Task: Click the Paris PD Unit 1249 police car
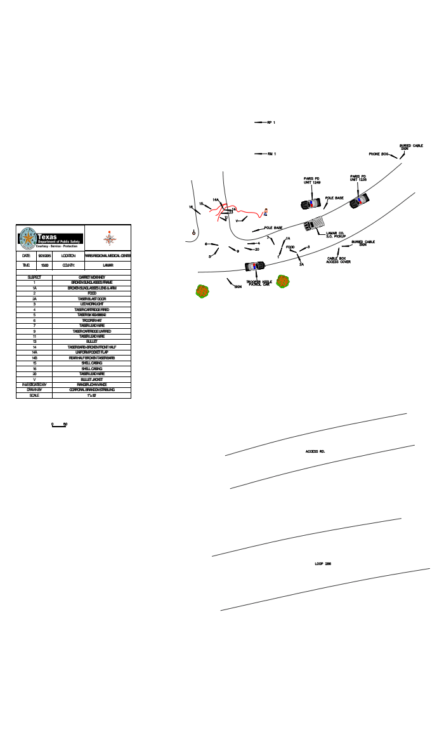[310, 204]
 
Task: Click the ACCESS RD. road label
[315, 451]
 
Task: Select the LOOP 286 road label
[323, 564]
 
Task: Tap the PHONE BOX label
[379, 154]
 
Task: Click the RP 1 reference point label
[271, 123]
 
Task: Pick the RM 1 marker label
[271, 154]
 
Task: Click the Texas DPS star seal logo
[28, 238]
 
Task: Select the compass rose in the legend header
[110, 238]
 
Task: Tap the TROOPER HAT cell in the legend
[91, 320]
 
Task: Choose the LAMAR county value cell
[107, 265]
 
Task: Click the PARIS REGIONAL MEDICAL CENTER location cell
[107, 255]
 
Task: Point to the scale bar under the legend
[59, 426]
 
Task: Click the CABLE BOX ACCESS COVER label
[339, 260]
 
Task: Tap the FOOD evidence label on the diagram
[290, 247]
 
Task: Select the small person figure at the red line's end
[266, 211]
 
